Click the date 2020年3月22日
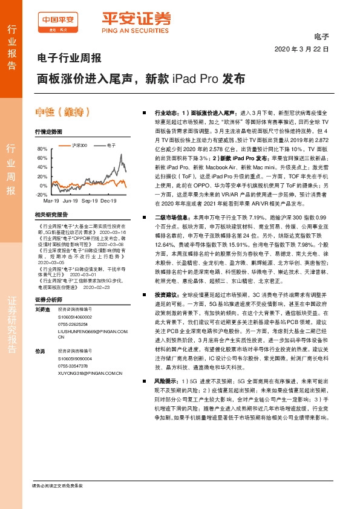point(301,48)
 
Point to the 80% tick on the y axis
point(42,149)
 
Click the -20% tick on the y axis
point(41,195)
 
